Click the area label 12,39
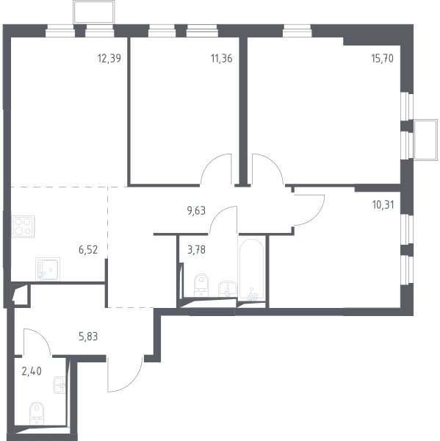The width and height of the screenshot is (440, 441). pyautogui.click(x=109, y=59)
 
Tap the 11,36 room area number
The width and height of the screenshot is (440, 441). pyautogui.click(x=222, y=59)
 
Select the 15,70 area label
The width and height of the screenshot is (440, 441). pyautogui.click(x=383, y=59)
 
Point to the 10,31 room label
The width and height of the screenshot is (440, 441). pyautogui.click(x=383, y=205)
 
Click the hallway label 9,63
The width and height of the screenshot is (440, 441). pyautogui.click(x=196, y=210)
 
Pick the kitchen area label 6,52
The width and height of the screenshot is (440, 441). pyautogui.click(x=88, y=249)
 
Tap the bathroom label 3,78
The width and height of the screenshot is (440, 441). pyautogui.click(x=196, y=249)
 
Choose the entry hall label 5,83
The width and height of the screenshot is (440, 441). pyautogui.click(x=88, y=337)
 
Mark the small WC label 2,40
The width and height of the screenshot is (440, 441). pyautogui.click(x=32, y=371)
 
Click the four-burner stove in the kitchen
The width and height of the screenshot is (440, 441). pyautogui.click(x=23, y=226)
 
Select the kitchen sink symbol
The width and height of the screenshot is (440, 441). pyautogui.click(x=48, y=269)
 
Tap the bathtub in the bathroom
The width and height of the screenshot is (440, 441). pyautogui.click(x=252, y=269)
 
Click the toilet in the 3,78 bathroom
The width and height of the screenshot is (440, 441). pyautogui.click(x=201, y=285)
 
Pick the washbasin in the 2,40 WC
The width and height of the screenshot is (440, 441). pyautogui.click(x=59, y=385)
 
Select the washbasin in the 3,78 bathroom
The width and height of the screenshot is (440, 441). pyautogui.click(x=228, y=289)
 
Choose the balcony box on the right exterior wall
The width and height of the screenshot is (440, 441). pyautogui.click(x=425, y=140)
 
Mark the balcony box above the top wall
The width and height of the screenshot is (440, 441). pyautogui.click(x=93, y=12)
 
